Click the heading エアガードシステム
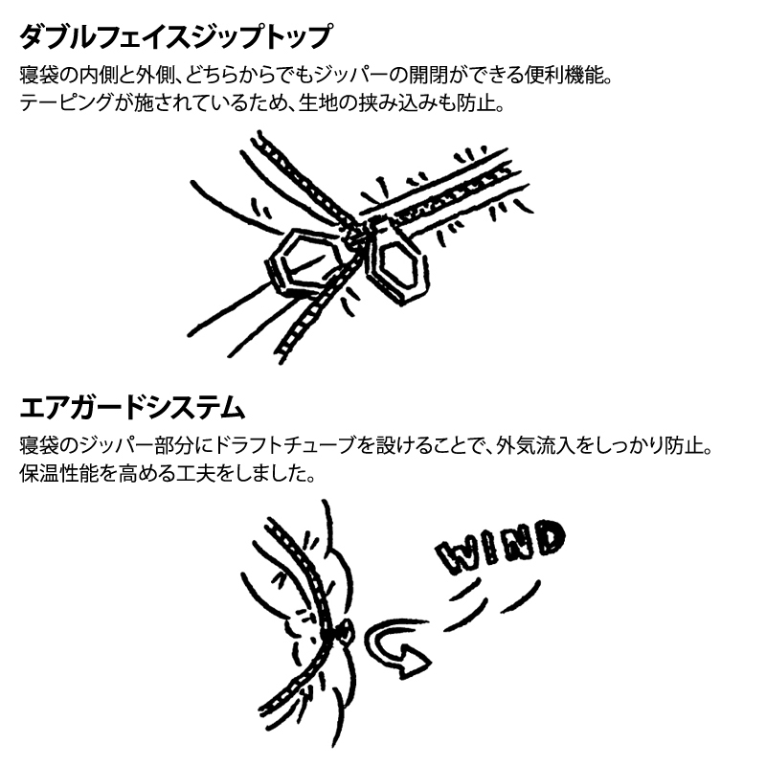[132, 408]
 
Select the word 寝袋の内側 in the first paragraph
[68, 76]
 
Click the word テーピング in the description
[67, 103]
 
